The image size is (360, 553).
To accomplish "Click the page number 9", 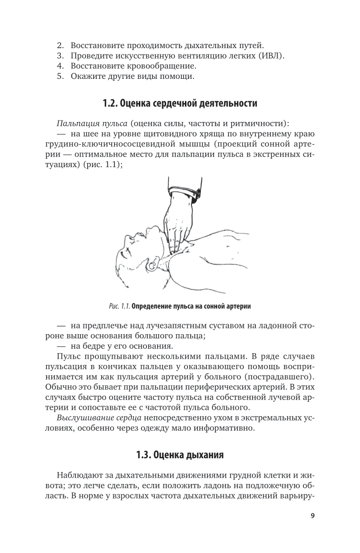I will coord(312,516).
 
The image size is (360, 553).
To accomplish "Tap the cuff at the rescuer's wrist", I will coord(184,191).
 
